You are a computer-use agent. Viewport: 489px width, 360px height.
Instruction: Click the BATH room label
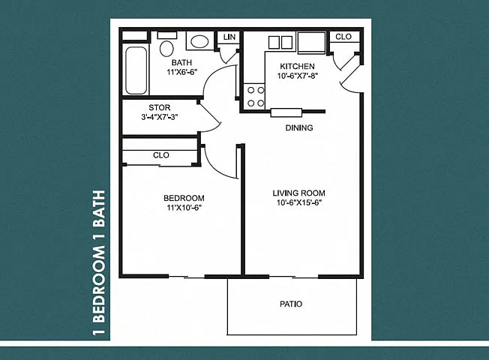(181, 62)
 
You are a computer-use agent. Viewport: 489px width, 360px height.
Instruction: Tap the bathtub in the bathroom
(136, 70)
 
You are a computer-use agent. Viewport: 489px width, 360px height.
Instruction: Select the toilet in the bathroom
(166, 45)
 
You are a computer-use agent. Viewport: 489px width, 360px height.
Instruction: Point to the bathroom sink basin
(199, 42)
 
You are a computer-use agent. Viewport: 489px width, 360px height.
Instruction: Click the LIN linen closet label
(229, 37)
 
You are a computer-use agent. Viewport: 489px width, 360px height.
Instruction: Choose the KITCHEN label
(297, 66)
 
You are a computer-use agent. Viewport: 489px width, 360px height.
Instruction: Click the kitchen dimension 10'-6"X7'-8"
(297, 76)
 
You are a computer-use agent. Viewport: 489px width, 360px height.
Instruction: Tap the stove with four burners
(254, 97)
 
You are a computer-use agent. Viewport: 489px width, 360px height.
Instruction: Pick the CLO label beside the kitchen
(343, 37)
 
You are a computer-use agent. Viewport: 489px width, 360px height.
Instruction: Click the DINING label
(299, 127)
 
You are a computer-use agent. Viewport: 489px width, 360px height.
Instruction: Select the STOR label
(159, 108)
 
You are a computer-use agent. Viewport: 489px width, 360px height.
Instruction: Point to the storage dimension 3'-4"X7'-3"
(159, 117)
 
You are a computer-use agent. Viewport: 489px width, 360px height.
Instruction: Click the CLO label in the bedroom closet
(161, 155)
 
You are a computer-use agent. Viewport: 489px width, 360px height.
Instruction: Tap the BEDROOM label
(184, 198)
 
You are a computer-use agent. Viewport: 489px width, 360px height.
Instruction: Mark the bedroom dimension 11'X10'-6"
(183, 208)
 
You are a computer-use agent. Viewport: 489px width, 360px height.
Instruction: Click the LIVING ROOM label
(298, 193)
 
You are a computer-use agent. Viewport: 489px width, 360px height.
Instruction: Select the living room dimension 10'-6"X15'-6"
(299, 202)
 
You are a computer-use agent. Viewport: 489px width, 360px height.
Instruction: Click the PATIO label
(291, 304)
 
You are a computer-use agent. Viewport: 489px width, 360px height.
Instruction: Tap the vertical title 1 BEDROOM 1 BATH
(100, 262)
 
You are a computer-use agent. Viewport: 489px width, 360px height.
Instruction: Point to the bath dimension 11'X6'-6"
(181, 72)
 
